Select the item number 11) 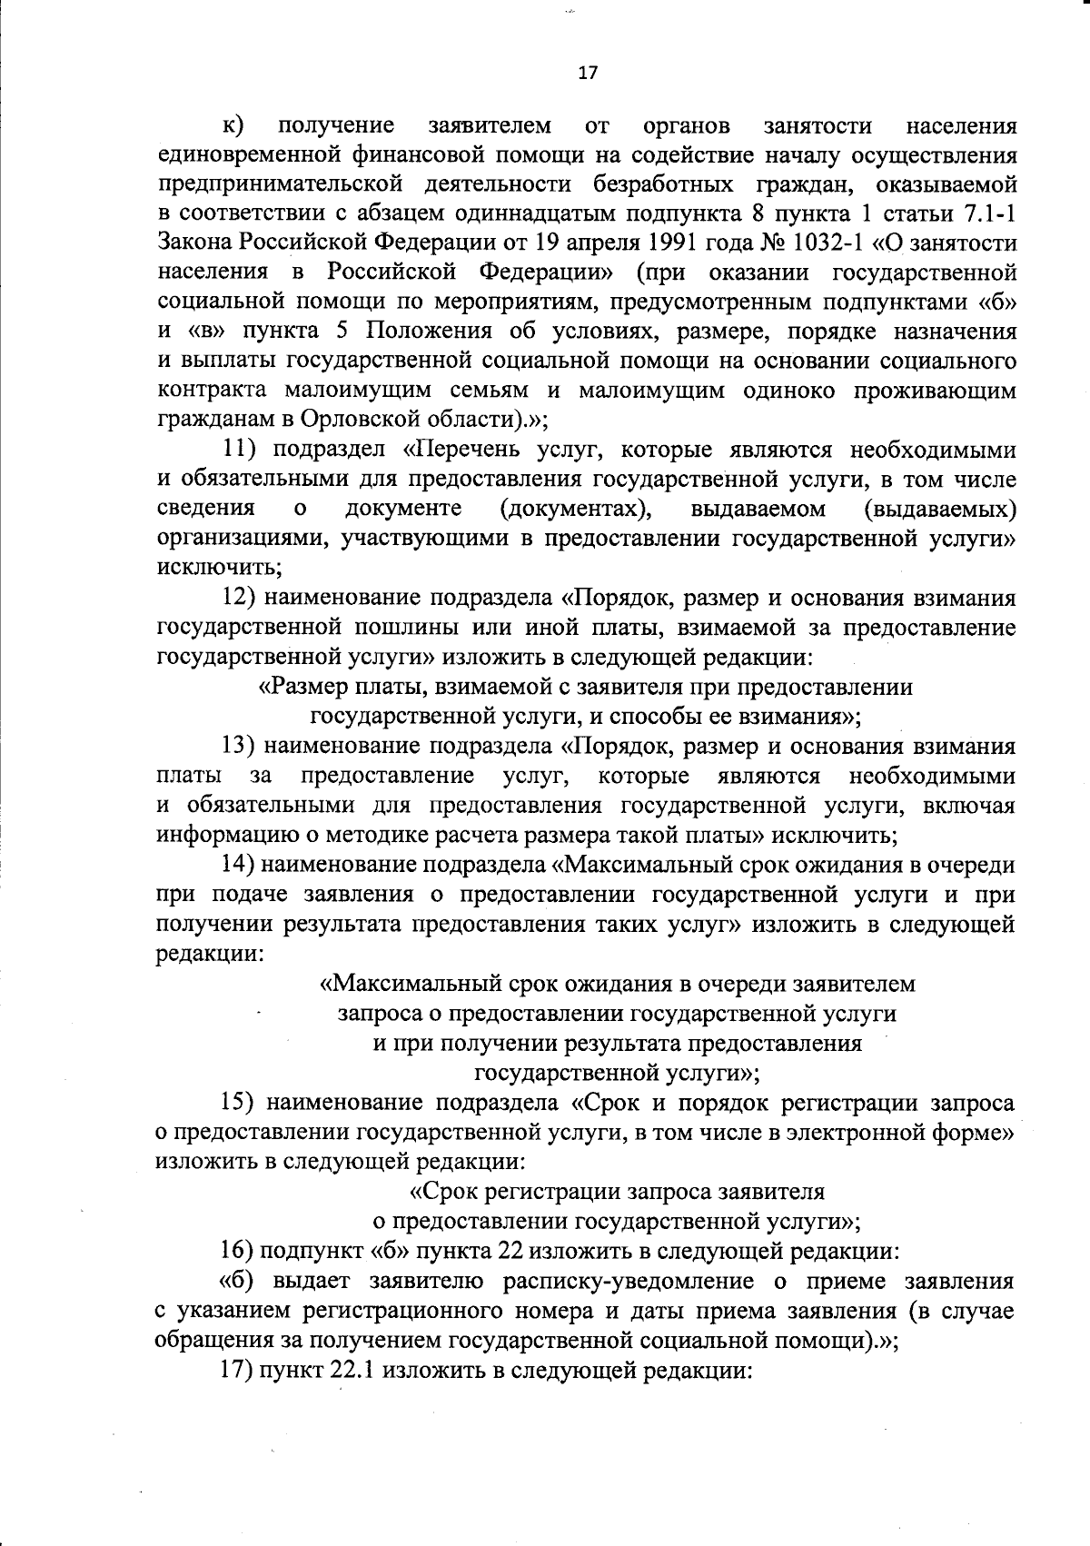pyautogui.click(x=243, y=451)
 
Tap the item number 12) pyautogui.click(x=243, y=599)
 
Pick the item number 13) pyautogui.click(x=243, y=747)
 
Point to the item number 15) pyautogui.click(x=243, y=1103)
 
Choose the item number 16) pyautogui.click(x=238, y=1251)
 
